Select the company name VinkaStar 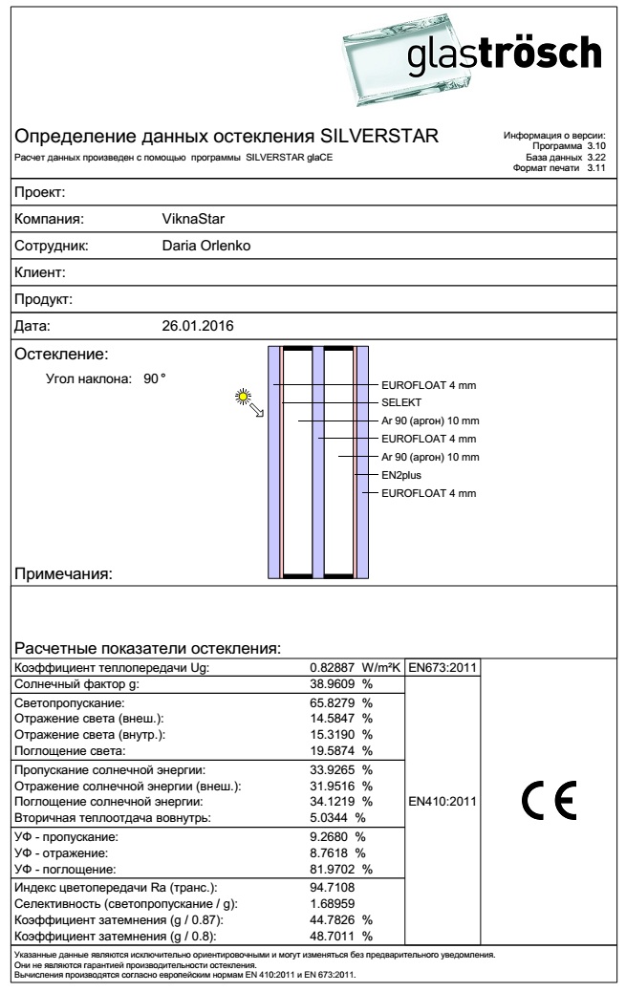[194, 218]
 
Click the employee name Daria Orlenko [207, 246]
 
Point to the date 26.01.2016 [199, 326]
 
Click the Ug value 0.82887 [335, 666]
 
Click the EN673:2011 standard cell [443, 666]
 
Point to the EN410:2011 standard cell [443, 800]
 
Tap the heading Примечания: [65, 574]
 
